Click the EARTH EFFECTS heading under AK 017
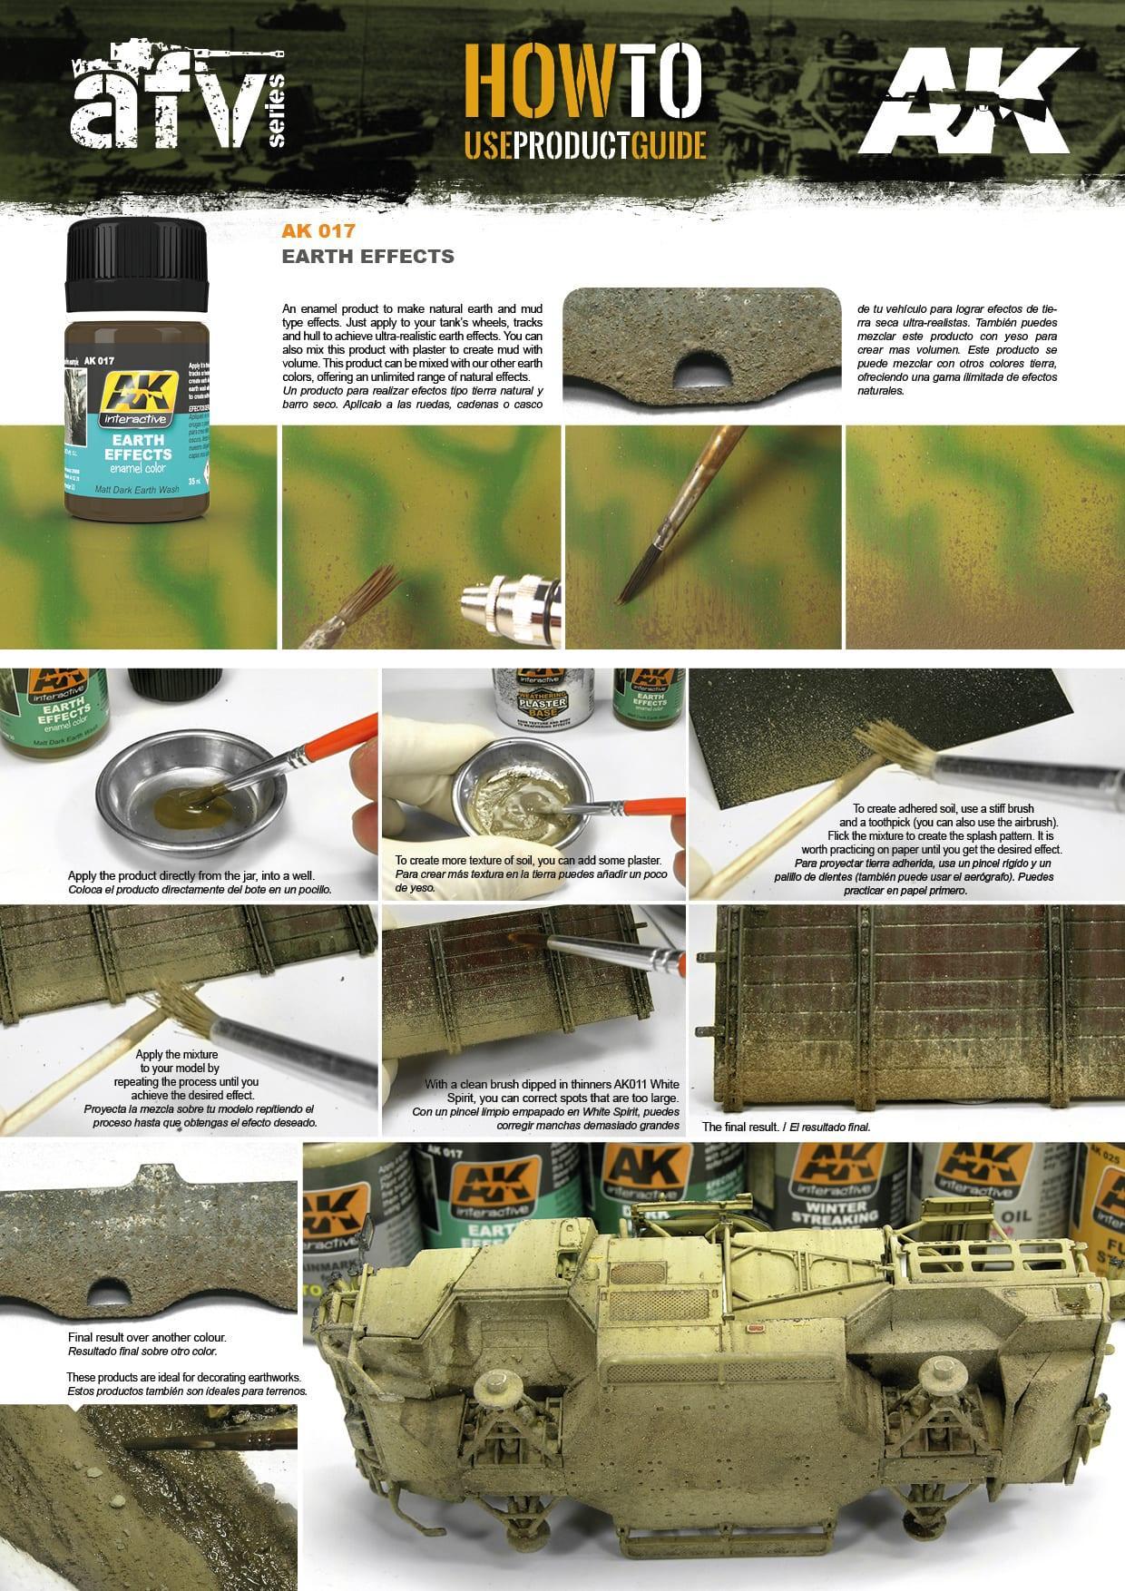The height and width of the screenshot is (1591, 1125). pyautogui.click(x=367, y=256)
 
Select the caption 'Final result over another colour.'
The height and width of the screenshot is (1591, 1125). pyautogui.click(x=146, y=1337)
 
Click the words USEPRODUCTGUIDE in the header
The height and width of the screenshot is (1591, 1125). pyautogui.click(x=585, y=142)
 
